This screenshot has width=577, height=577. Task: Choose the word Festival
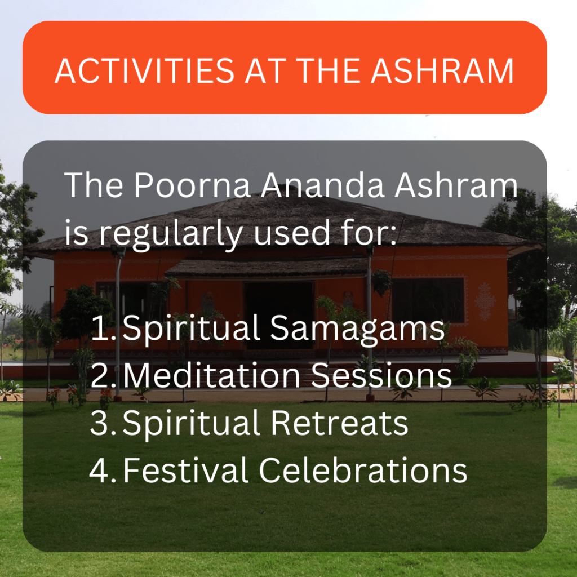click(x=185, y=470)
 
